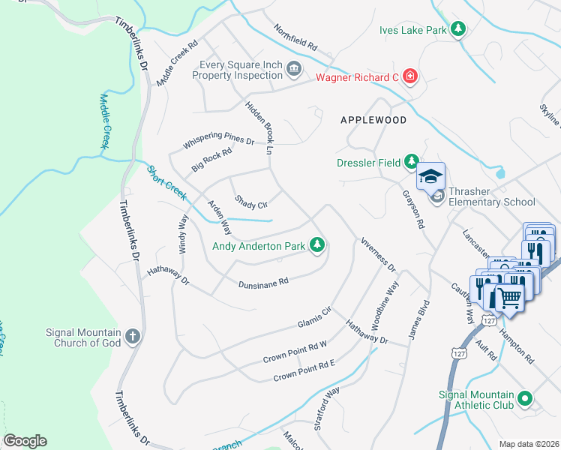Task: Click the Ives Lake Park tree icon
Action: [x=457, y=29]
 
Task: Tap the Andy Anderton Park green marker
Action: [x=318, y=245]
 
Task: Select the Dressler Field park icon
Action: [x=411, y=160]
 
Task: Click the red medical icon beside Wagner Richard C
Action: [x=410, y=76]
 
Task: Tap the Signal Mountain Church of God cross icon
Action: [x=133, y=336]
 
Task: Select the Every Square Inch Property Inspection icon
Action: [x=294, y=70]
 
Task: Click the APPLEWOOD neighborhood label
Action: [x=373, y=120]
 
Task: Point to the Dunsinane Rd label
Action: [x=263, y=283]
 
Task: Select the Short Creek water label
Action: [x=166, y=182]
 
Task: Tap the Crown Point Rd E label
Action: [x=304, y=370]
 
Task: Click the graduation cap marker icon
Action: [x=431, y=176]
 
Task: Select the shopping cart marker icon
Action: [x=510, y=297]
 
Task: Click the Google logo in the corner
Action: [x=25, y=441]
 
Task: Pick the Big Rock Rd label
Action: [x=211, y=160]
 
